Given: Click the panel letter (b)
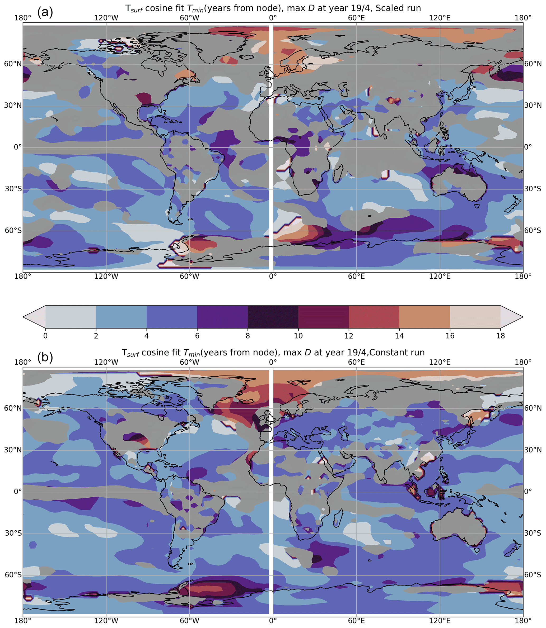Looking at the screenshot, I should coord(45,357).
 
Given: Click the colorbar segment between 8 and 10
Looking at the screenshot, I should coord(273,317).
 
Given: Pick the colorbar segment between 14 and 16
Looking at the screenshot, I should coord(424,317).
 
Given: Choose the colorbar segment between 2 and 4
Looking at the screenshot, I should coord(121,317).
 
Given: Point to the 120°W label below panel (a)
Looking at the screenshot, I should coord(106,277).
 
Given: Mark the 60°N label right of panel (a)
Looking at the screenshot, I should coord(533,64).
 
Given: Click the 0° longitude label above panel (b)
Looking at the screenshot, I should coord(273,363).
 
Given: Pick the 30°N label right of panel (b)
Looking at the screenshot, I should coord(533,450).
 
